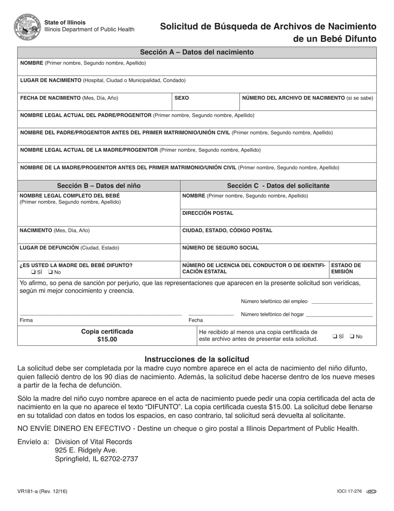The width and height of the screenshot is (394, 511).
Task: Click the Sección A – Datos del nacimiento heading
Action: tap(197, 52)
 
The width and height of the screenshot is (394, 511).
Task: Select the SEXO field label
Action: tap(182, 98)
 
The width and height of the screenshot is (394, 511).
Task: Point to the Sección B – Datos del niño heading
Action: tap(99, 186)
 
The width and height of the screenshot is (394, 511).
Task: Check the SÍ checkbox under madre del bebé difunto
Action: tap(33, 273)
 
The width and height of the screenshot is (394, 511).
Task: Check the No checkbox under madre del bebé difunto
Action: tap(51, 273)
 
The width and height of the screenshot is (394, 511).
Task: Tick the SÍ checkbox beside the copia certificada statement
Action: tap(335, 337)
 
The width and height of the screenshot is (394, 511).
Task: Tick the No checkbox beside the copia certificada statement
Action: tap(352, 337)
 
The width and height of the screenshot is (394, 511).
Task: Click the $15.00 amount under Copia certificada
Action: tap(107, 339)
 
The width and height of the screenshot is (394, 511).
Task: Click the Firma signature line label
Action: tap(26, 320)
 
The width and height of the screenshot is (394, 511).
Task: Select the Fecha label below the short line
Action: tap(195, 320)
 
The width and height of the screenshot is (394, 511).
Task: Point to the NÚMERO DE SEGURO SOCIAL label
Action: tap(220, 248)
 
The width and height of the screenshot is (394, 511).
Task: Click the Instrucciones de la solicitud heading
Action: tap(197, 359)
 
